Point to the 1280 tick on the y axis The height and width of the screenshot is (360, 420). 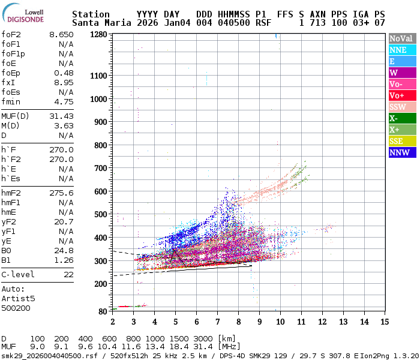click(98, 35)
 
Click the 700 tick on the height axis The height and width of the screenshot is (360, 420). click(101, 169)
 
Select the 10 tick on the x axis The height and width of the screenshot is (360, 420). click(280, 322)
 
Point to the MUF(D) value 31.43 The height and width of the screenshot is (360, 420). click(61, 116)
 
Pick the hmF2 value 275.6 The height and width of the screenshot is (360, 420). click(61, 193)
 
